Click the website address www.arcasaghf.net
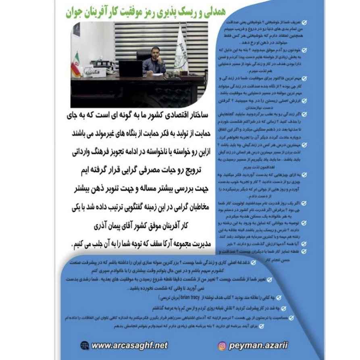[x=129, y=345]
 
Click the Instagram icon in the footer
[x=222, y=345]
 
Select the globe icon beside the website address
[x=85, y=345]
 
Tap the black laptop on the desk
[x=131, y=68]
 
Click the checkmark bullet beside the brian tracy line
[x=269, y=298]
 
